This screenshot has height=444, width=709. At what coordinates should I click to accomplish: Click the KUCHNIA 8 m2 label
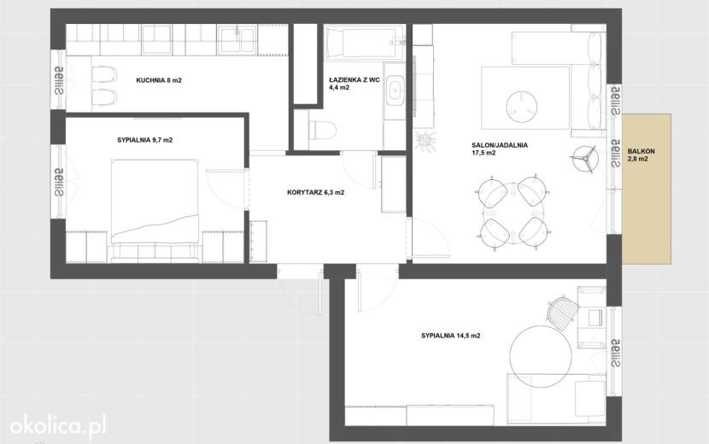click(x=159, y=80)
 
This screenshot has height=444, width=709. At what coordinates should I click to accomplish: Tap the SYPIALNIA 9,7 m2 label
click(x=144, y=140)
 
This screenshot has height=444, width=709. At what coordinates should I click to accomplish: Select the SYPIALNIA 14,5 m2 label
click(x=450, y=336)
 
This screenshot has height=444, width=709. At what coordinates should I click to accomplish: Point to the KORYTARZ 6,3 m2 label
click(x=315, y=193)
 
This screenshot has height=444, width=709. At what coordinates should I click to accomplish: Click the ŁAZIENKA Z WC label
click(x=354, y=80)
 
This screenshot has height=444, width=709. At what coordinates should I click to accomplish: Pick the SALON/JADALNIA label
click(x=500, y=146)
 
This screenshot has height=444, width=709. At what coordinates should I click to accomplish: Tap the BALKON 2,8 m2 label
click(x=641, y=155)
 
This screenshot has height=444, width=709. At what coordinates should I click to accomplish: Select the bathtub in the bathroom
click(x=365, y=44)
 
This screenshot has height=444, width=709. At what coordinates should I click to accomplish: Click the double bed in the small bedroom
click(x=155, y=210)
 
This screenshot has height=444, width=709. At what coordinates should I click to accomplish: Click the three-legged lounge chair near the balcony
click(x=583, y=158)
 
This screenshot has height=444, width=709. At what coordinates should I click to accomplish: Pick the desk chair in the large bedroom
click(x=562, y=311)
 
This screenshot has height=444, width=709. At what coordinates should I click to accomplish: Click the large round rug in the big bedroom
click(x=540, y=356)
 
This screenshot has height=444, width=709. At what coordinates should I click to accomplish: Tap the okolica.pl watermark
click(x=58, y=426)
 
